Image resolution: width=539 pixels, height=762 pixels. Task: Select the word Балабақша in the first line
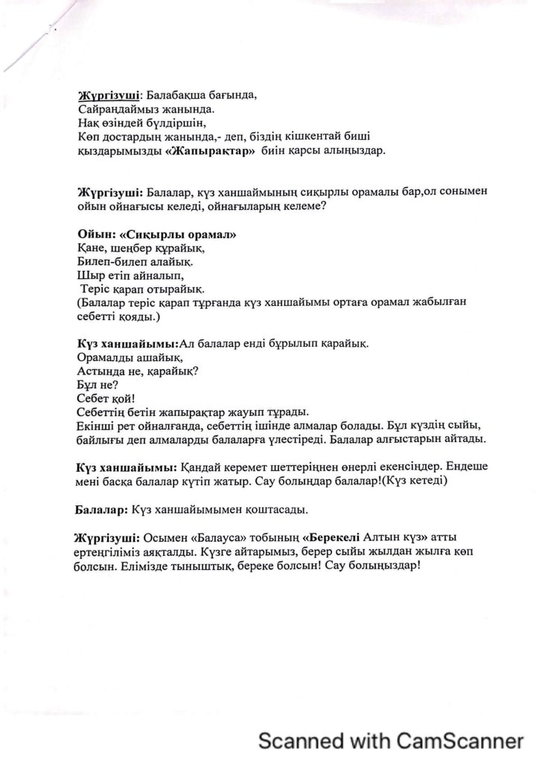point(176,95)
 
